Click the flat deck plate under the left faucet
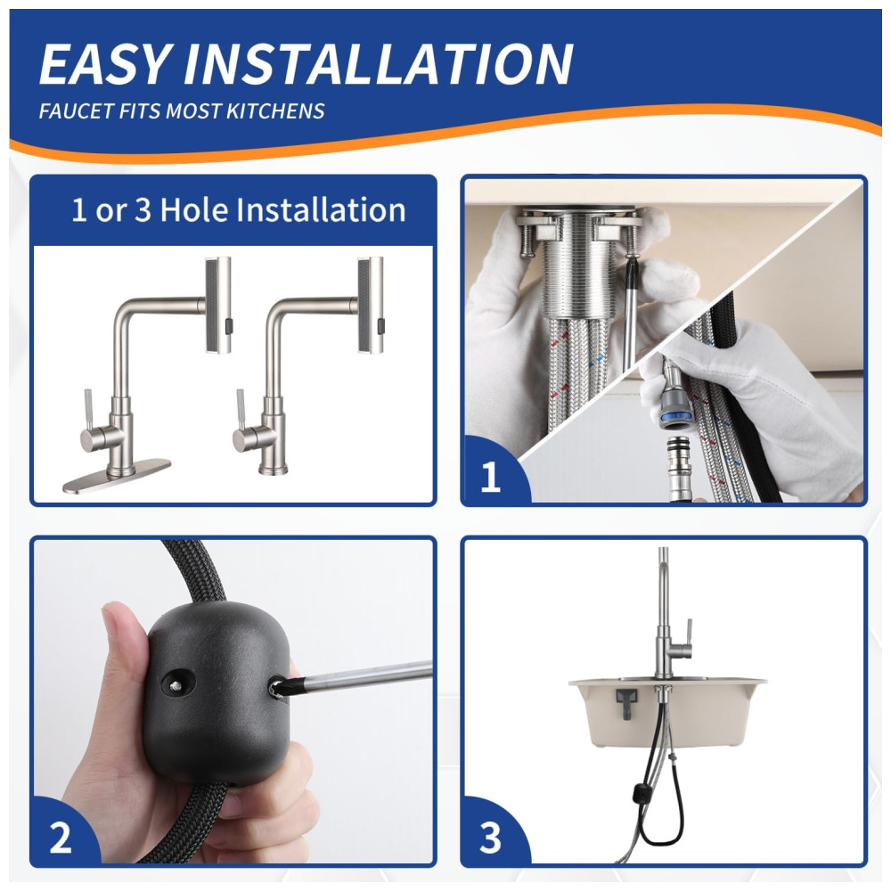click(x=117, y=476)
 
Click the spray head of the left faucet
click(x=218, y=305)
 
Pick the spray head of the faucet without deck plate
click(x=371, y=305)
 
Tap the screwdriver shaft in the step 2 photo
click(x=364, y=676)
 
